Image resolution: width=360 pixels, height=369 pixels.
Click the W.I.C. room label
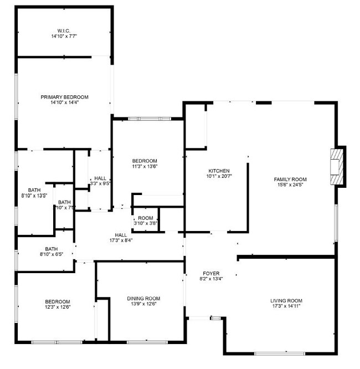coord(65,30)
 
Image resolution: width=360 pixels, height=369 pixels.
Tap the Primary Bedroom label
coord(64,97)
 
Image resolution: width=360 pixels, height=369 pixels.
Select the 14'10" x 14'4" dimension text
coord(64,102)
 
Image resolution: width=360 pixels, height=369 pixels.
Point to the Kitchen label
coord(219,171)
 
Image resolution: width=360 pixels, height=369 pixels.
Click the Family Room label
coord(290,179)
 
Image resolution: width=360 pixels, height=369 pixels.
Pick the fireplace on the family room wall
coord(336,167)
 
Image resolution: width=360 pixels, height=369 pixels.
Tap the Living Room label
coord(286,300)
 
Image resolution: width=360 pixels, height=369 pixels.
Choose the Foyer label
coord(211,274)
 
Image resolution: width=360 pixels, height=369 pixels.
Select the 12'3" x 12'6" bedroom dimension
coord(58,307)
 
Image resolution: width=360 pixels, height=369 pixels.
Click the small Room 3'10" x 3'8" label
coord(146,218)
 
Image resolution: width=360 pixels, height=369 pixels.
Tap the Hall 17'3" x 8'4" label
coord(120,235)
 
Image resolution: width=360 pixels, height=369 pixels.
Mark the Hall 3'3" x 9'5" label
coord(100,178)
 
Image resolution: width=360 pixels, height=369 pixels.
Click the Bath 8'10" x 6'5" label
coord(51,249)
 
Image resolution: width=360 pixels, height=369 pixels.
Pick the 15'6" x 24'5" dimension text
coord(290,185)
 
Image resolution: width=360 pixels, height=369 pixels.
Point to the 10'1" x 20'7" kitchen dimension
coord(219,176)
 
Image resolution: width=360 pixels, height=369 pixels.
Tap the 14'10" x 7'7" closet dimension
coord(65,36)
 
